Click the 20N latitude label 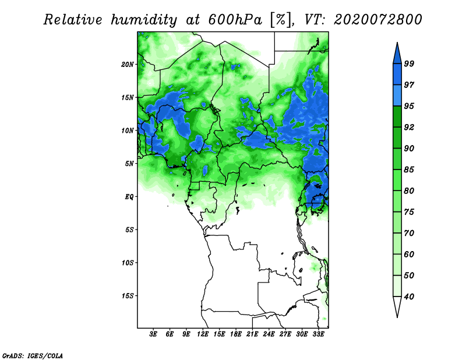click(x=128, y=64)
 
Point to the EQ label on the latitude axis click(x=129, y=197)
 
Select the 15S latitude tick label click(x=128, y=296)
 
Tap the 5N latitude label click(x=129, y=164)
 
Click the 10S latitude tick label click(x=128, y=263)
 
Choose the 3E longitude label click(x=153, y=334)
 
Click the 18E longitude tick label click(x=236, y=334)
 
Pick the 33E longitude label click(x=318, y=334)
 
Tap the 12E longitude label click(x=203, y=334)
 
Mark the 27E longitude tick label click(x=285, y=334)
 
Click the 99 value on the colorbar click(x=409, y=63)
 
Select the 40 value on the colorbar click(x=409, y=297)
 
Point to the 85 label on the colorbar click(x=409, y=170)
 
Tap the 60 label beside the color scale click(x=409, y=254)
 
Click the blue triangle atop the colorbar click(x=397, y=54)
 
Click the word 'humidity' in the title click(x=143, y=20)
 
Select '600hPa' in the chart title click(x=235, y=20)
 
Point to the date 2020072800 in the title click(x=377, y=20)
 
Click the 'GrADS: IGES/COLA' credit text click(x=33, y=355)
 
